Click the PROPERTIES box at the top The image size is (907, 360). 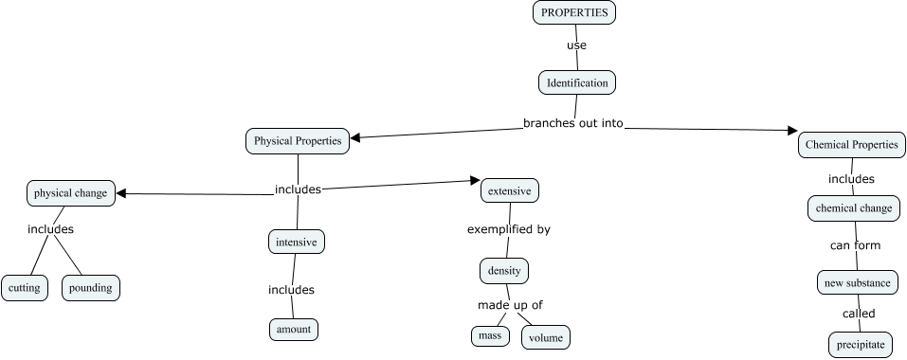574,12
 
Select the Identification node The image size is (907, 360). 577,82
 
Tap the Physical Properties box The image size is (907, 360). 298,141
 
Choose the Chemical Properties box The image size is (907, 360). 851,145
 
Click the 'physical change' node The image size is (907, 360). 71,193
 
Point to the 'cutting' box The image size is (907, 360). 24,287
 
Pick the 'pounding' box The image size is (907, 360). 92,287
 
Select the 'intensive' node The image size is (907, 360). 297,242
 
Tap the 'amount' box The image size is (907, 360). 292,329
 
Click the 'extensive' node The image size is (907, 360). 510,190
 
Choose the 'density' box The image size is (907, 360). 503,270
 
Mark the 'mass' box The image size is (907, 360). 489,335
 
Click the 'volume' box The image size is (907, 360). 546,337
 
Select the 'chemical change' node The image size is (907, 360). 853,207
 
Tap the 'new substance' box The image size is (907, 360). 857,281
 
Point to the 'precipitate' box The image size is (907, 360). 861,345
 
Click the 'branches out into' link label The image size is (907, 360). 572,123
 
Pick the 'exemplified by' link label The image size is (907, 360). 508,229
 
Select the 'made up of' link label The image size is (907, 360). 509,304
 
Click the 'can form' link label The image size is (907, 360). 855,245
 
